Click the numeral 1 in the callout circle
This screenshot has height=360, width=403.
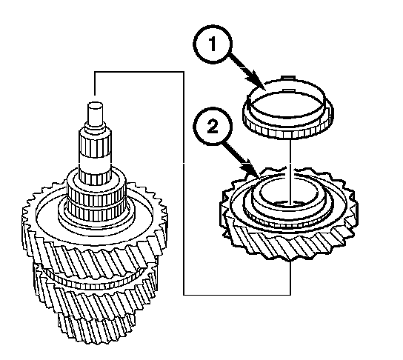click(213, 44)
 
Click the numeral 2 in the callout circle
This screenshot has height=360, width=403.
click(213, 127)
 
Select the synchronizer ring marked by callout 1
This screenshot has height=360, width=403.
click(288, 107)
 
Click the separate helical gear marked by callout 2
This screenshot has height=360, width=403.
click(289, 214)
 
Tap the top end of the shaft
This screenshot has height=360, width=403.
click(96, 104)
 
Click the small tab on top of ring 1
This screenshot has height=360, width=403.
click(288, 78)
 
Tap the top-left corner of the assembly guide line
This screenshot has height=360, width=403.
click(95, 72)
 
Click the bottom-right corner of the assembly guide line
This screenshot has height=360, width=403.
click(290, 295)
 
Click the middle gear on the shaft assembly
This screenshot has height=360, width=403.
click(96, 290)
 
